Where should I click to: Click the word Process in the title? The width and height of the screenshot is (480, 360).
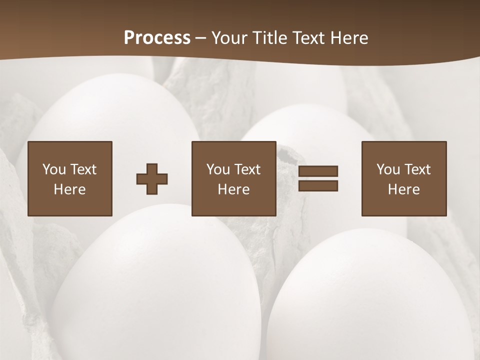(x=157, y=38)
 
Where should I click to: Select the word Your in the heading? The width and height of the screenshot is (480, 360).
(x=229, y=38)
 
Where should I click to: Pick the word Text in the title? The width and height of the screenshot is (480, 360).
(x=309, y=38)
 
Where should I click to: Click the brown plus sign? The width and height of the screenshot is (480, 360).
(x=152, y=179)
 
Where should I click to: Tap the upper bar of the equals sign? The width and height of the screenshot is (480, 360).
(x=318, y=171)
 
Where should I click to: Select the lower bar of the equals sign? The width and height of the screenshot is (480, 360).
(x=318, y=186)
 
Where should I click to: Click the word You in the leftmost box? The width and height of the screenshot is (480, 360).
(x=54, y=169)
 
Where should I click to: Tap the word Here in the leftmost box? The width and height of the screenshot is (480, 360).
(x=69, y=189)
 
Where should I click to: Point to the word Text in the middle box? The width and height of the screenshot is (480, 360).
(x=247, y=169)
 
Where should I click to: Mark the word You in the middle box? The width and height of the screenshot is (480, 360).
(x=218, y=169)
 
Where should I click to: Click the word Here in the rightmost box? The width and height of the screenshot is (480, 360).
(x=403, y=189)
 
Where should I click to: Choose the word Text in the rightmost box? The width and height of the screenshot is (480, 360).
(x=417, y=169)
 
